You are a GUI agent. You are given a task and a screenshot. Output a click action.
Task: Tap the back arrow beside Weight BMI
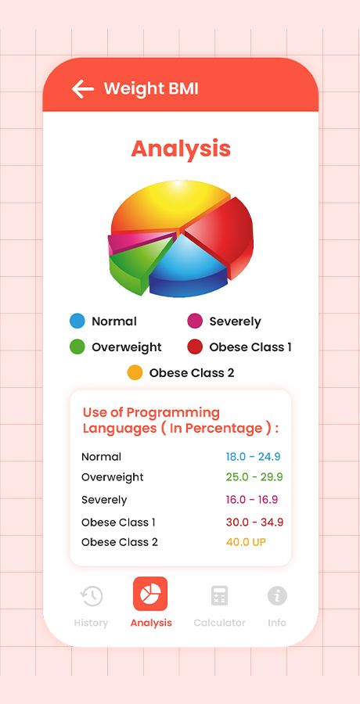83,89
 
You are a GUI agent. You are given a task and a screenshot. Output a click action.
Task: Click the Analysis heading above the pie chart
181,149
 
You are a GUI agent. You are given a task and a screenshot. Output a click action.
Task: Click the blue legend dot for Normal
77,321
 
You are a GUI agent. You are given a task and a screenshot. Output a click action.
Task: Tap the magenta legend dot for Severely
195,321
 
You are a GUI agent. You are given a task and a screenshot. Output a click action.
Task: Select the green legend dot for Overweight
77,347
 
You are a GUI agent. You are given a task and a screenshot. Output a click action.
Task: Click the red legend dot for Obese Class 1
195,347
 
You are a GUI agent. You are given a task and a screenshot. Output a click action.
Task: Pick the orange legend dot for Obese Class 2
135,372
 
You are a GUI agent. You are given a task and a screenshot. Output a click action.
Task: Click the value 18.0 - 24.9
253,457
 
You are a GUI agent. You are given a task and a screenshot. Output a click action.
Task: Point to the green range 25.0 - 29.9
254,477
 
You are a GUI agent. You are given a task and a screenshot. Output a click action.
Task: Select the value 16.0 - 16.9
252,500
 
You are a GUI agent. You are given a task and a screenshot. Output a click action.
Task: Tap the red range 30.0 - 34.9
254,523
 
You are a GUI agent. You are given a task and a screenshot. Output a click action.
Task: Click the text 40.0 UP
246,542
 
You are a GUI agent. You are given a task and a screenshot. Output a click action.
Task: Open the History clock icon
92,596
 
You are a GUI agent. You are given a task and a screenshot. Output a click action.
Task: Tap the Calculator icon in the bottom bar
219,595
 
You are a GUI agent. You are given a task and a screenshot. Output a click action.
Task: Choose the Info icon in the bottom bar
277,596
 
